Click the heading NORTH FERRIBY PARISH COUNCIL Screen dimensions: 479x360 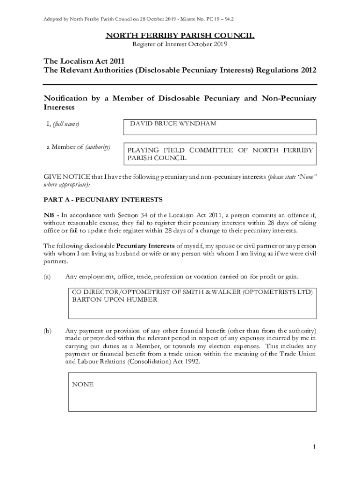[180, 36]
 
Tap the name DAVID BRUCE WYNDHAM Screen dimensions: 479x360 [173, 124]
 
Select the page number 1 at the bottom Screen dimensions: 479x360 [315, 447]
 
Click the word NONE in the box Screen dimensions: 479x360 [83, 385]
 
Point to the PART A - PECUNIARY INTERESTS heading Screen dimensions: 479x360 [103, 200]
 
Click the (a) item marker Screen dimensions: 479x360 [47, 277]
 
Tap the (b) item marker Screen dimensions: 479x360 [47, 331]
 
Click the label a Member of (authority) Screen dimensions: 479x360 [78, 147]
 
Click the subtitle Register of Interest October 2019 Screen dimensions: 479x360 [180, 44]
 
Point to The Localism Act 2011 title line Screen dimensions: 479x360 [84, 61]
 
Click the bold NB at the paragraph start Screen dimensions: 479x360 [49, 215]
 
